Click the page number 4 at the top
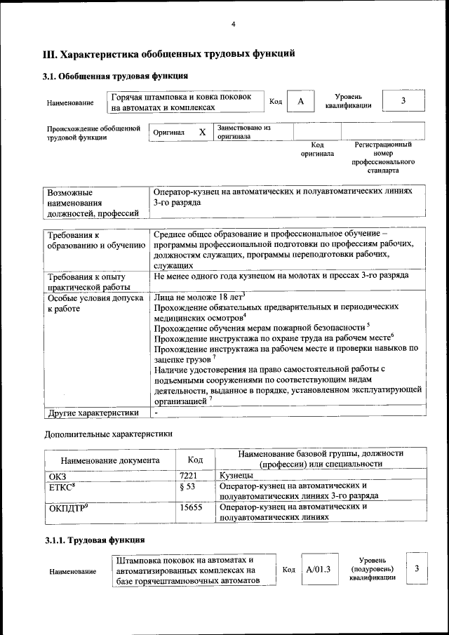coord(233,25)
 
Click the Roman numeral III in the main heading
coord(50,54)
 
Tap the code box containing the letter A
coord(300,102)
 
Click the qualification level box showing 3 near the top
coord(403,101)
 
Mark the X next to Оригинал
coord(202,132)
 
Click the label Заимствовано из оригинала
coord(243,132)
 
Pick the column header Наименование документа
coord(109,460)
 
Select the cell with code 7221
coord(189,476)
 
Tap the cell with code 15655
coord(191,506)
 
